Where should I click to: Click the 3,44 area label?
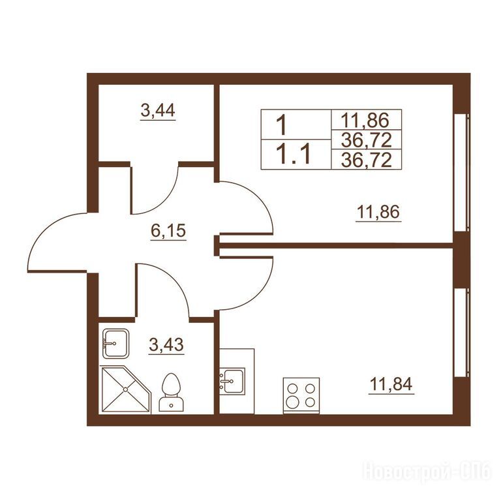pos(158,110)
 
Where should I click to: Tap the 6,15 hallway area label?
pos(168,231)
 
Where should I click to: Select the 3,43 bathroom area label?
pos(166,344)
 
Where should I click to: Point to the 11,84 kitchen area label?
pos(391,384)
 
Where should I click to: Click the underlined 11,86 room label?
pos(378,211)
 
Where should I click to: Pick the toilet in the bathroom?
pos(172,392)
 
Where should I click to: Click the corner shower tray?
pos(125,389)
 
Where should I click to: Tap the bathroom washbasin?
pos(115,344)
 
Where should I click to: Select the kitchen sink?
pos(232,381)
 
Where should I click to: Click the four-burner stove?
pos(301,395)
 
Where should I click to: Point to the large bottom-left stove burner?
pos(292,402)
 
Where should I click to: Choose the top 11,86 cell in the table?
pos(367,120)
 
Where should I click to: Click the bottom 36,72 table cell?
pos(367,159)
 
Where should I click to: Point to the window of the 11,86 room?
pos(461,172)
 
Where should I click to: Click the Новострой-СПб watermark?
pos(427,471)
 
